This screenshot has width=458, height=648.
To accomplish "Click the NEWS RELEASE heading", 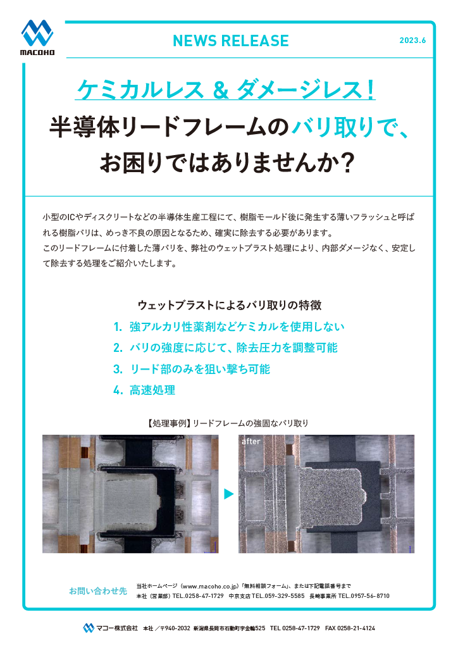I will pos(230,41).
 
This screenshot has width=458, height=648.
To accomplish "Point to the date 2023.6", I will pos(412,40).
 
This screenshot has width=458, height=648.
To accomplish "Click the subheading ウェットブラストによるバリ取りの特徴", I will pos(230,305).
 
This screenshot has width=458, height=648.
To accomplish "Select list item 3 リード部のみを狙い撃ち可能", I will pos(199,369).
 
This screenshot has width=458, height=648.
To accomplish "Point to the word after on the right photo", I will pos(251,442).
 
